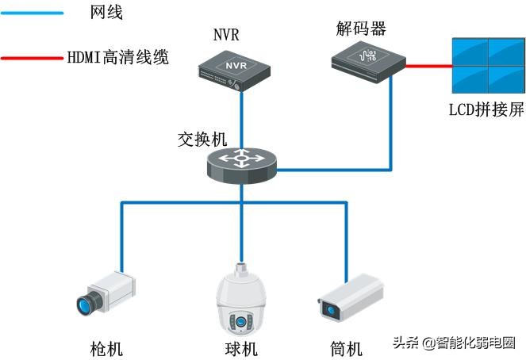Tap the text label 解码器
(361, 29)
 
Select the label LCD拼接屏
(486, 109)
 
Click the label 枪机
(106, 348)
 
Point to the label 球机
(237, 348)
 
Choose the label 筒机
(346, 348)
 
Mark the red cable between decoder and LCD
(428, 67)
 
